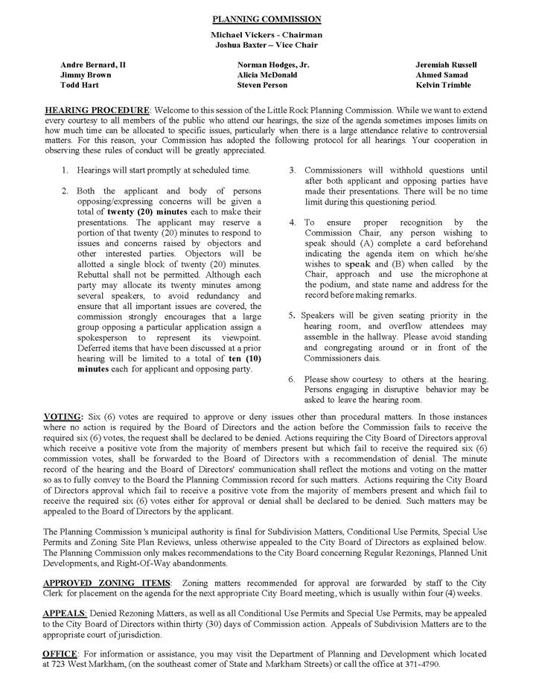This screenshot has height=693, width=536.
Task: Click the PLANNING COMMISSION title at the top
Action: click(x=267, y=19)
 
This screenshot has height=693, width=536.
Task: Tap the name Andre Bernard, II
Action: click(x=93, y=65)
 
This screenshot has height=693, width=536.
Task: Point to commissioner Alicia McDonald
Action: click(x=267, y=75)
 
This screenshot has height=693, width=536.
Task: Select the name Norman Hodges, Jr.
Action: click(x=273, y=65)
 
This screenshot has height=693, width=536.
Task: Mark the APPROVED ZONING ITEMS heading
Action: click(x=107, y=582)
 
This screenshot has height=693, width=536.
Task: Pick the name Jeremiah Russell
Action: click(x=446, y=65)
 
